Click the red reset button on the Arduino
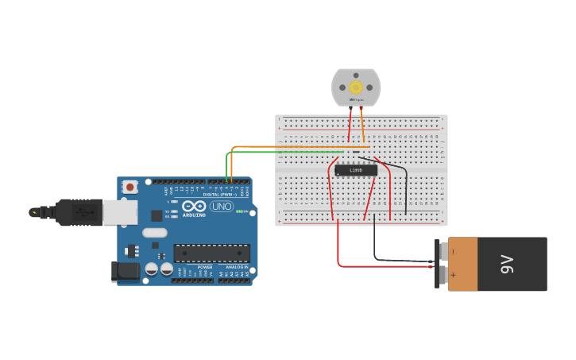[130, 187]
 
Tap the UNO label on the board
[221, 207]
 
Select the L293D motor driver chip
[355, 170]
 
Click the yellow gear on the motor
[356, 87]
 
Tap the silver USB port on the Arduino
[120, 212]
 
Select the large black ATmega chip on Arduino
[211, 254]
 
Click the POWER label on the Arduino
[205, 267]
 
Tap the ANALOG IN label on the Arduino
[237, 267]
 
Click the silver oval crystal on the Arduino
[155, 233]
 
